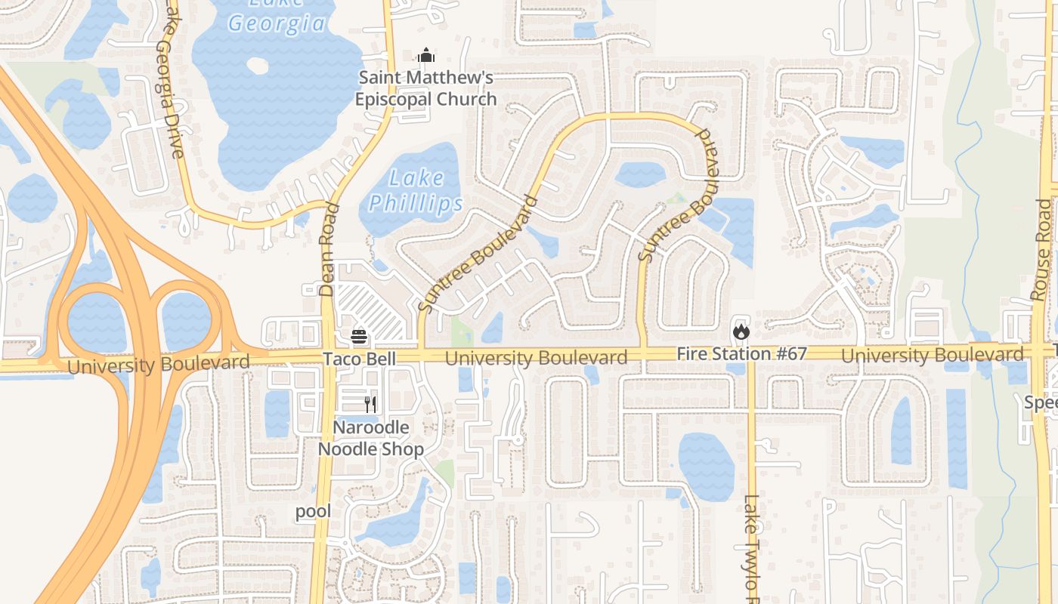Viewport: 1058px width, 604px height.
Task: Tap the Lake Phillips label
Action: (416, 191)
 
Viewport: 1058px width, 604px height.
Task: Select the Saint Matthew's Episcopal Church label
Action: (426, 88)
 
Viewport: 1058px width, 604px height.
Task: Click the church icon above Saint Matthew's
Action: (426, 56)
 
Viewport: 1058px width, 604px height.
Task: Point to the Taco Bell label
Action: (359, 359)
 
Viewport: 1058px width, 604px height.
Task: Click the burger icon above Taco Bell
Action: (359, 336)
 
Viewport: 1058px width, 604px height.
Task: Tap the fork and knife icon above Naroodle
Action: (370, 404)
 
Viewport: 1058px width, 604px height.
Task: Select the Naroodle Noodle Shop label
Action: (370, 438)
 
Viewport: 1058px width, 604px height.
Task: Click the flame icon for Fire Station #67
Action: (741, 331)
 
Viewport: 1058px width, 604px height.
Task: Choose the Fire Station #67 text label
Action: (741, 353)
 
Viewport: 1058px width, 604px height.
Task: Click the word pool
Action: (313, 511)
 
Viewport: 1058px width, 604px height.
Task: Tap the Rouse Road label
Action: (1043, 249)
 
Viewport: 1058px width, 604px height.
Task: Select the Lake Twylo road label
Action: (751, 544)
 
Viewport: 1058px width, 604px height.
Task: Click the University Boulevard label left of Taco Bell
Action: (159, 365)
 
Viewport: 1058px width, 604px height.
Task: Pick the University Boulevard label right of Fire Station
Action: (932, 355)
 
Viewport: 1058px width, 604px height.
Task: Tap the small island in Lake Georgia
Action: (258, 66)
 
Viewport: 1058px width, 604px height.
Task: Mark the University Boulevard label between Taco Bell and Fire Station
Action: (536, 357)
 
